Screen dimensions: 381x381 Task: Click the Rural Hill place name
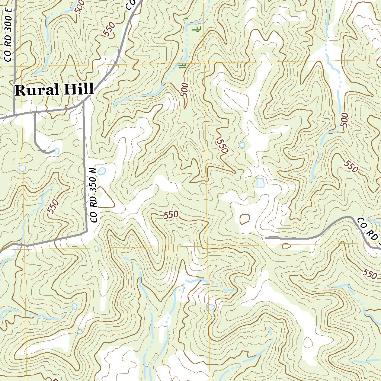tap(54, 90)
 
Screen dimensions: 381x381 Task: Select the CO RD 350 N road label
tap(93, 195)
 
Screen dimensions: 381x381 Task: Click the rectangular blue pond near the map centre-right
tap(260, 182)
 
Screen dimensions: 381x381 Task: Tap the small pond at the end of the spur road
tap(57, 151)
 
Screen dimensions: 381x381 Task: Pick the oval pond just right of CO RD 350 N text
tap(102, 171)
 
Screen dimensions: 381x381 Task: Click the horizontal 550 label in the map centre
tap(171, 215)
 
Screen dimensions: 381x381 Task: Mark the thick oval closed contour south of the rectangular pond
tap(245, 219)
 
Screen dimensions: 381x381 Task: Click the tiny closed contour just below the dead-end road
tap(286, 246)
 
